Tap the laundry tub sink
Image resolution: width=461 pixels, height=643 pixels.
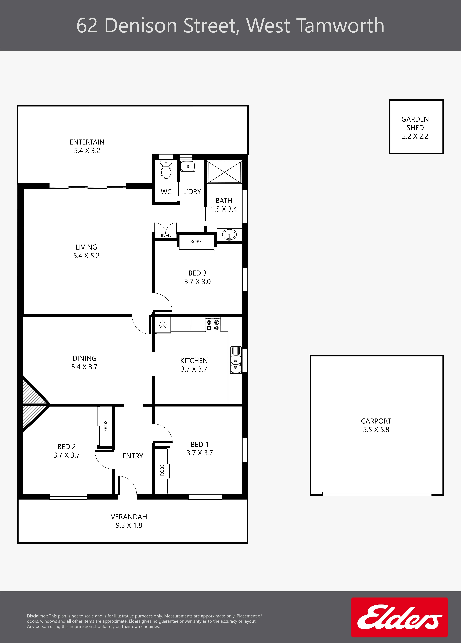point(188,166)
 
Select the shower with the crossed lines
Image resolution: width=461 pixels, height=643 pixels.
point(224,172)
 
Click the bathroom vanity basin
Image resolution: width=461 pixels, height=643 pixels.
point(229,235)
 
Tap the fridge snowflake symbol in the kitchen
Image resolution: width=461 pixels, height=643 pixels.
point(162,325)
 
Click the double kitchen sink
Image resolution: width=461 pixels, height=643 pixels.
point(236,359)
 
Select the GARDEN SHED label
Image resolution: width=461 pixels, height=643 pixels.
point(415,123)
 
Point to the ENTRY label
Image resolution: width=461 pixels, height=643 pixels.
point(133,456)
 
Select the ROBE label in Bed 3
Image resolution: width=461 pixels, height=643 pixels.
point(196,242)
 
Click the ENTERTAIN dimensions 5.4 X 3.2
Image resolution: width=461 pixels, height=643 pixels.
point(87,151)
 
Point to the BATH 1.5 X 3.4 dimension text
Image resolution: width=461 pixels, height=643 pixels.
point(224,209)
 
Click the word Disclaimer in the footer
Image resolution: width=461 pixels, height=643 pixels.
point(37,616)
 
